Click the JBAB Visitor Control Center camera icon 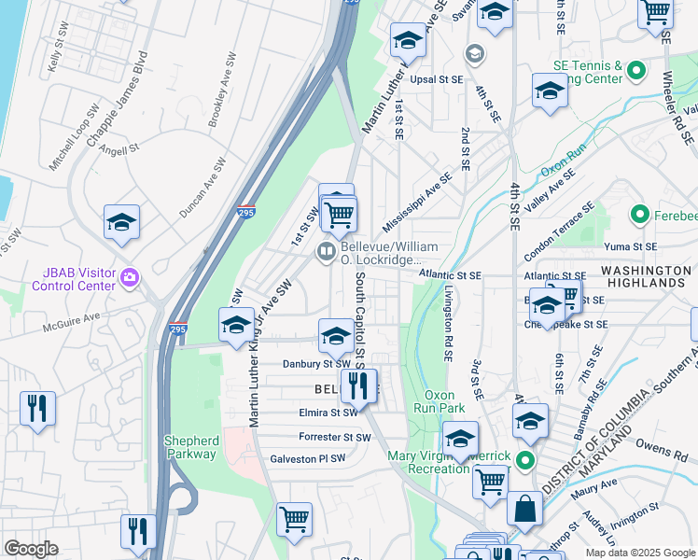tap(130, 277)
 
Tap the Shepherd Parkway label tap(192, 448)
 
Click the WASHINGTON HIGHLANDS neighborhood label tap(644, 275)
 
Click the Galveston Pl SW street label tap(308, 458)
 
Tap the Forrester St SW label tap(334, 436)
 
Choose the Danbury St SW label tap(317, 363)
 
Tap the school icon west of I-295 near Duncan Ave tap(121, 222)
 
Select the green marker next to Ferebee tap(639, 216)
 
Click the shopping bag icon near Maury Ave tap(524, 510)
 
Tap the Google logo tap(31, 549)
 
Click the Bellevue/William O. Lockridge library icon tap(327, 250)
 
